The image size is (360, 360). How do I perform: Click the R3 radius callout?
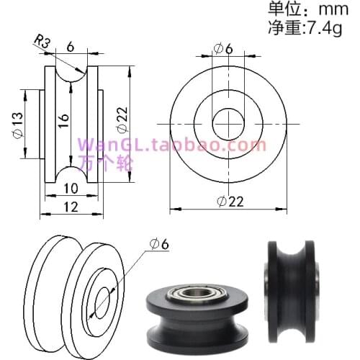pos(44,42)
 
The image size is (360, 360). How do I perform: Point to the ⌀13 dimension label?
pos(17,125)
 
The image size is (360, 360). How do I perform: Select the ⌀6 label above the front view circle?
pos(224,48)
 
